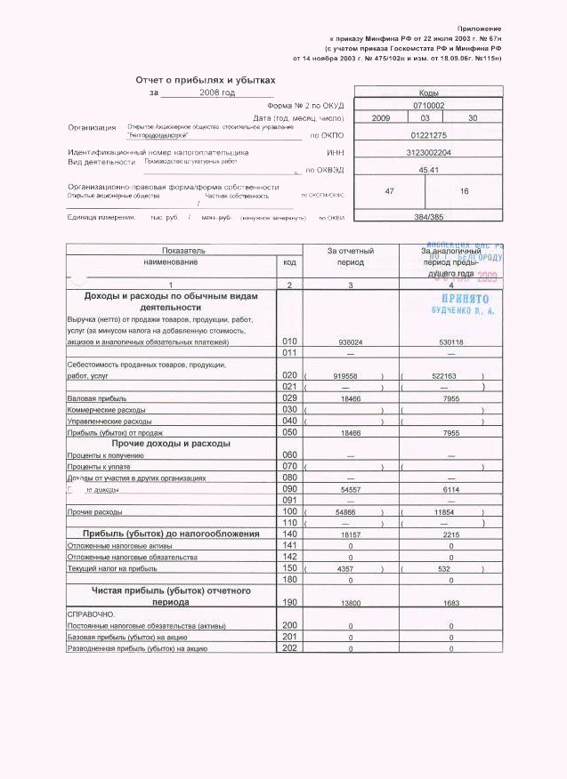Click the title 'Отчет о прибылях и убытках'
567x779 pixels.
[x=206, y=79]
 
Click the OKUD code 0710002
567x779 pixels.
[x=429, y=105]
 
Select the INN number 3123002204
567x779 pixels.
[x=429, y=153]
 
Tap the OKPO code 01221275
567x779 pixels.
[x=429, y=135]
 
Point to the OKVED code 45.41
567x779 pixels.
[x=429, y=169]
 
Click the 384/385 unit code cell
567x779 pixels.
[x=429, y=216]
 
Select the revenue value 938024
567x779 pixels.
[x=350, y=341]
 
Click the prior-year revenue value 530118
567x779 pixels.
[x=452, y=341]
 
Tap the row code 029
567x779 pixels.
[x=289, y=398]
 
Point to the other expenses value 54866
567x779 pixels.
[x=350, y=513]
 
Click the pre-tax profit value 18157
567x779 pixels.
[x=350, y=534]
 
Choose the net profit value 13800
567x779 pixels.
[x=350, y=603]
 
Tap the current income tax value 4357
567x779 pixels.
[x=350, y=568]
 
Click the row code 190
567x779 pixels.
[x=289, y=602]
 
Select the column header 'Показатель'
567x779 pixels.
[x=171, y=252]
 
